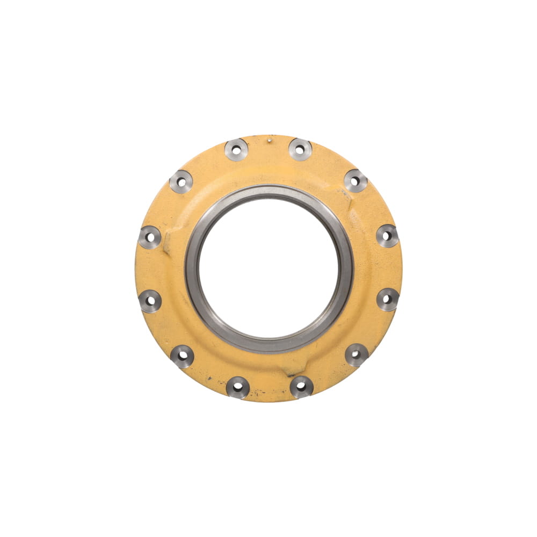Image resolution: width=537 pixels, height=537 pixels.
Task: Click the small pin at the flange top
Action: pyautogui.click(x=268, y=141)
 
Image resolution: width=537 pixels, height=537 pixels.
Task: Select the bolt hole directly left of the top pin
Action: pyautogui.click(x=236, y=150)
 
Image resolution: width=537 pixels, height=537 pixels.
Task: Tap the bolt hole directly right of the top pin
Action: pyautogui.click(x=300, y=150)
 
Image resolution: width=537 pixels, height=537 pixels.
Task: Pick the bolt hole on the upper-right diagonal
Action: pyautogui.click(x=355, y=181)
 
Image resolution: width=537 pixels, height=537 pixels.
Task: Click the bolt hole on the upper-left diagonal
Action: pyautogui.click(x=181, y=182)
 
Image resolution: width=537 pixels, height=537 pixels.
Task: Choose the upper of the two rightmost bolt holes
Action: pyautogui.click(x=387, y=236)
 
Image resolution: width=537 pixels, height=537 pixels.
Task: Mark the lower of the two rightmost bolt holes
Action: pyautogui.click(x=387, y=299)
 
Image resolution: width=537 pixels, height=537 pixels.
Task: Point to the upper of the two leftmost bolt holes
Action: pyautogui.click(x=150, y=237)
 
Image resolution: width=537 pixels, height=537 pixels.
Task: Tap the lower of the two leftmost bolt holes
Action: pyautogui.click(x=150, y=301)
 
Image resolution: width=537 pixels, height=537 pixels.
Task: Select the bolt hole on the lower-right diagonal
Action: pyautogui.click(x=356, y=354)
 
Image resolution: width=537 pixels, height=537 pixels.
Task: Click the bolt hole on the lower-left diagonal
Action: pyautogui.click(x=182, y=355)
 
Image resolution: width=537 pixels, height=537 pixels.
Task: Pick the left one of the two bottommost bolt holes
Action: pyautogui.click(x=237, y=387)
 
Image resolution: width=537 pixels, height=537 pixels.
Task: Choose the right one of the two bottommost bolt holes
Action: pyautogui.click(x=301, y=386)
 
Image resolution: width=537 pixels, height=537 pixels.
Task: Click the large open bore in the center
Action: pyautogui.click(x=268, y=268)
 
